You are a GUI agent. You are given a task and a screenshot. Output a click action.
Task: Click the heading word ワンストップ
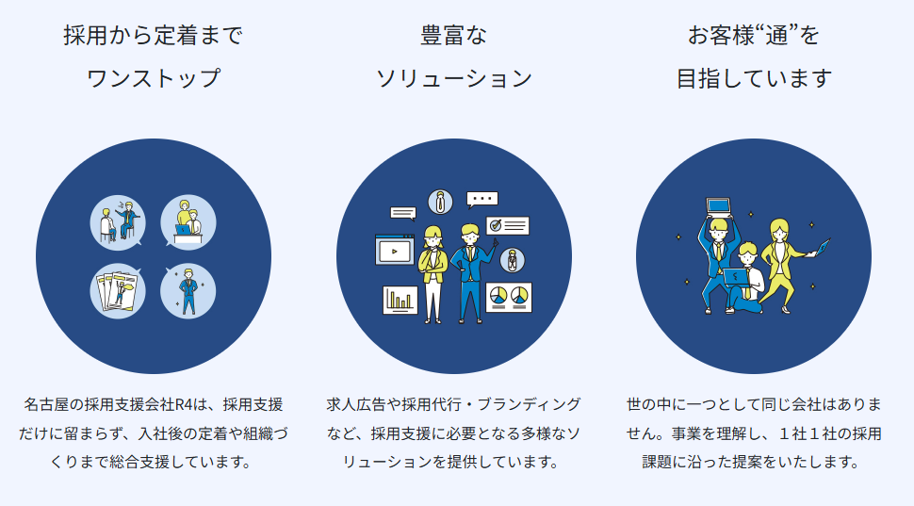153,78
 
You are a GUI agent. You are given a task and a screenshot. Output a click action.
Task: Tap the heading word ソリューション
453,78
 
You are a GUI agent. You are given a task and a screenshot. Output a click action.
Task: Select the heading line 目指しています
754,78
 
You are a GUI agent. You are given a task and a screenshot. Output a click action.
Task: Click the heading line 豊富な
453,37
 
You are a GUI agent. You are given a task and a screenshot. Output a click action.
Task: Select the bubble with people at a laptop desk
188,222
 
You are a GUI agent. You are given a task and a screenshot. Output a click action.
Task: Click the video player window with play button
394,251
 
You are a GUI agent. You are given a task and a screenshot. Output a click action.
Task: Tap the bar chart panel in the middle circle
400,300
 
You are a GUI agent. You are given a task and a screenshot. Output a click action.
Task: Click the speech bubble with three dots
482,199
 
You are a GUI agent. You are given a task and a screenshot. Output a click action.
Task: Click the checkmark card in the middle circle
507,225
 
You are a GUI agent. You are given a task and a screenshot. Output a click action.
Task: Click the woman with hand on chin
433,273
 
